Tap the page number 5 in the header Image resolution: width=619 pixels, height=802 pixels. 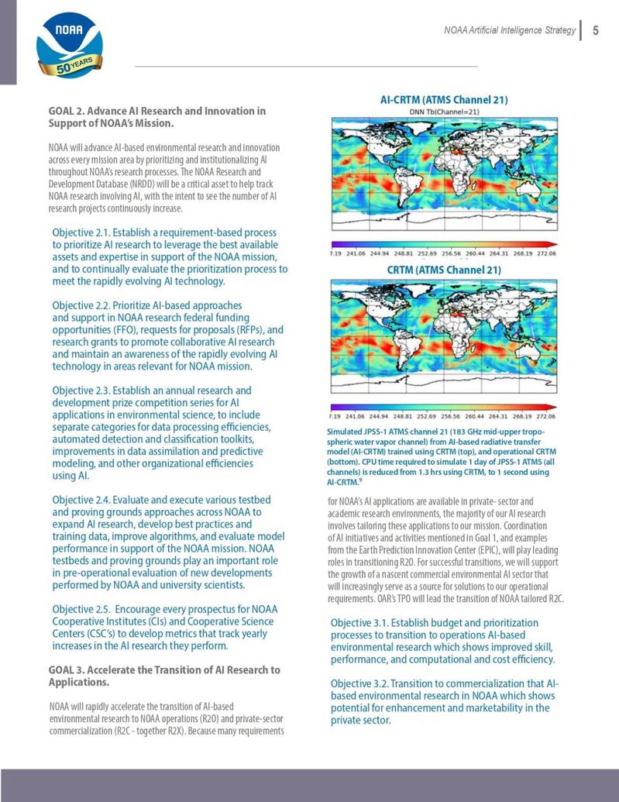tap(596, 30)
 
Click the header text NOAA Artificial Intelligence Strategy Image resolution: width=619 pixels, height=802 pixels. tap(509, 30)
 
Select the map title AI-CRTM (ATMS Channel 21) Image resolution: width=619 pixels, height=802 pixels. tap(444, 100)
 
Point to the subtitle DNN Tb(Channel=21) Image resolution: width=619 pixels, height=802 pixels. tap(445, 112)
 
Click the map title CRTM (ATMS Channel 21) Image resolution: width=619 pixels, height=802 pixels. tap(444, 270)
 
